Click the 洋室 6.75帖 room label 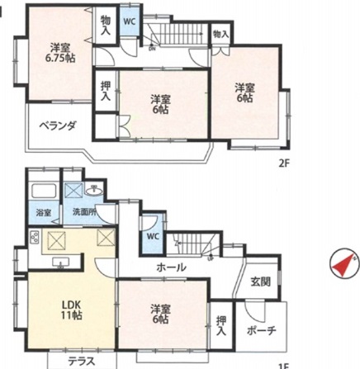pyautogui.click(x=60, y=52)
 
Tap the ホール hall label pyautogui.click(x=171, y=267)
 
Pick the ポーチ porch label pyautogui.click(x=262, y=329)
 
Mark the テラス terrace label pyautogui.click(x=81, y=361)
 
